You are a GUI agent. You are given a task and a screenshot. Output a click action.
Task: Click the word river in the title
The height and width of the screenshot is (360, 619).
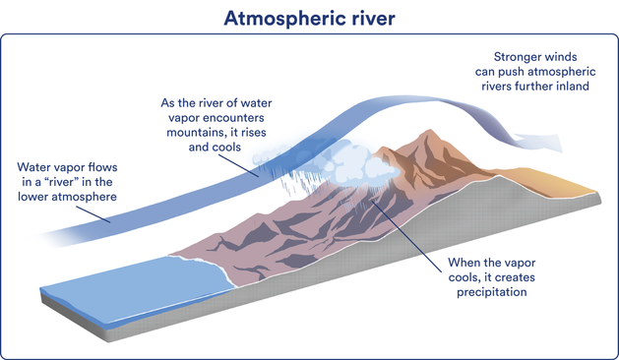372,18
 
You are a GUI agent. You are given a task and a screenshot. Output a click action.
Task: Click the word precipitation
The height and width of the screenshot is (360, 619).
491,292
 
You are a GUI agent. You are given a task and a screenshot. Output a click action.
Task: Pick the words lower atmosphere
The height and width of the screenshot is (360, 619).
67,197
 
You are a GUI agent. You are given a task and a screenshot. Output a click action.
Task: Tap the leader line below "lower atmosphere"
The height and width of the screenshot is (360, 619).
93,214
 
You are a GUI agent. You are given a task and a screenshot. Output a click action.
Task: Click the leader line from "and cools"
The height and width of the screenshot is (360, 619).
238,166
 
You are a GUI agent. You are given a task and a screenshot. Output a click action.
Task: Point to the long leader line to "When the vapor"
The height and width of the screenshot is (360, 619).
406,236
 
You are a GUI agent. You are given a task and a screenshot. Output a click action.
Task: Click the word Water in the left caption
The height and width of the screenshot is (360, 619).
31,167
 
